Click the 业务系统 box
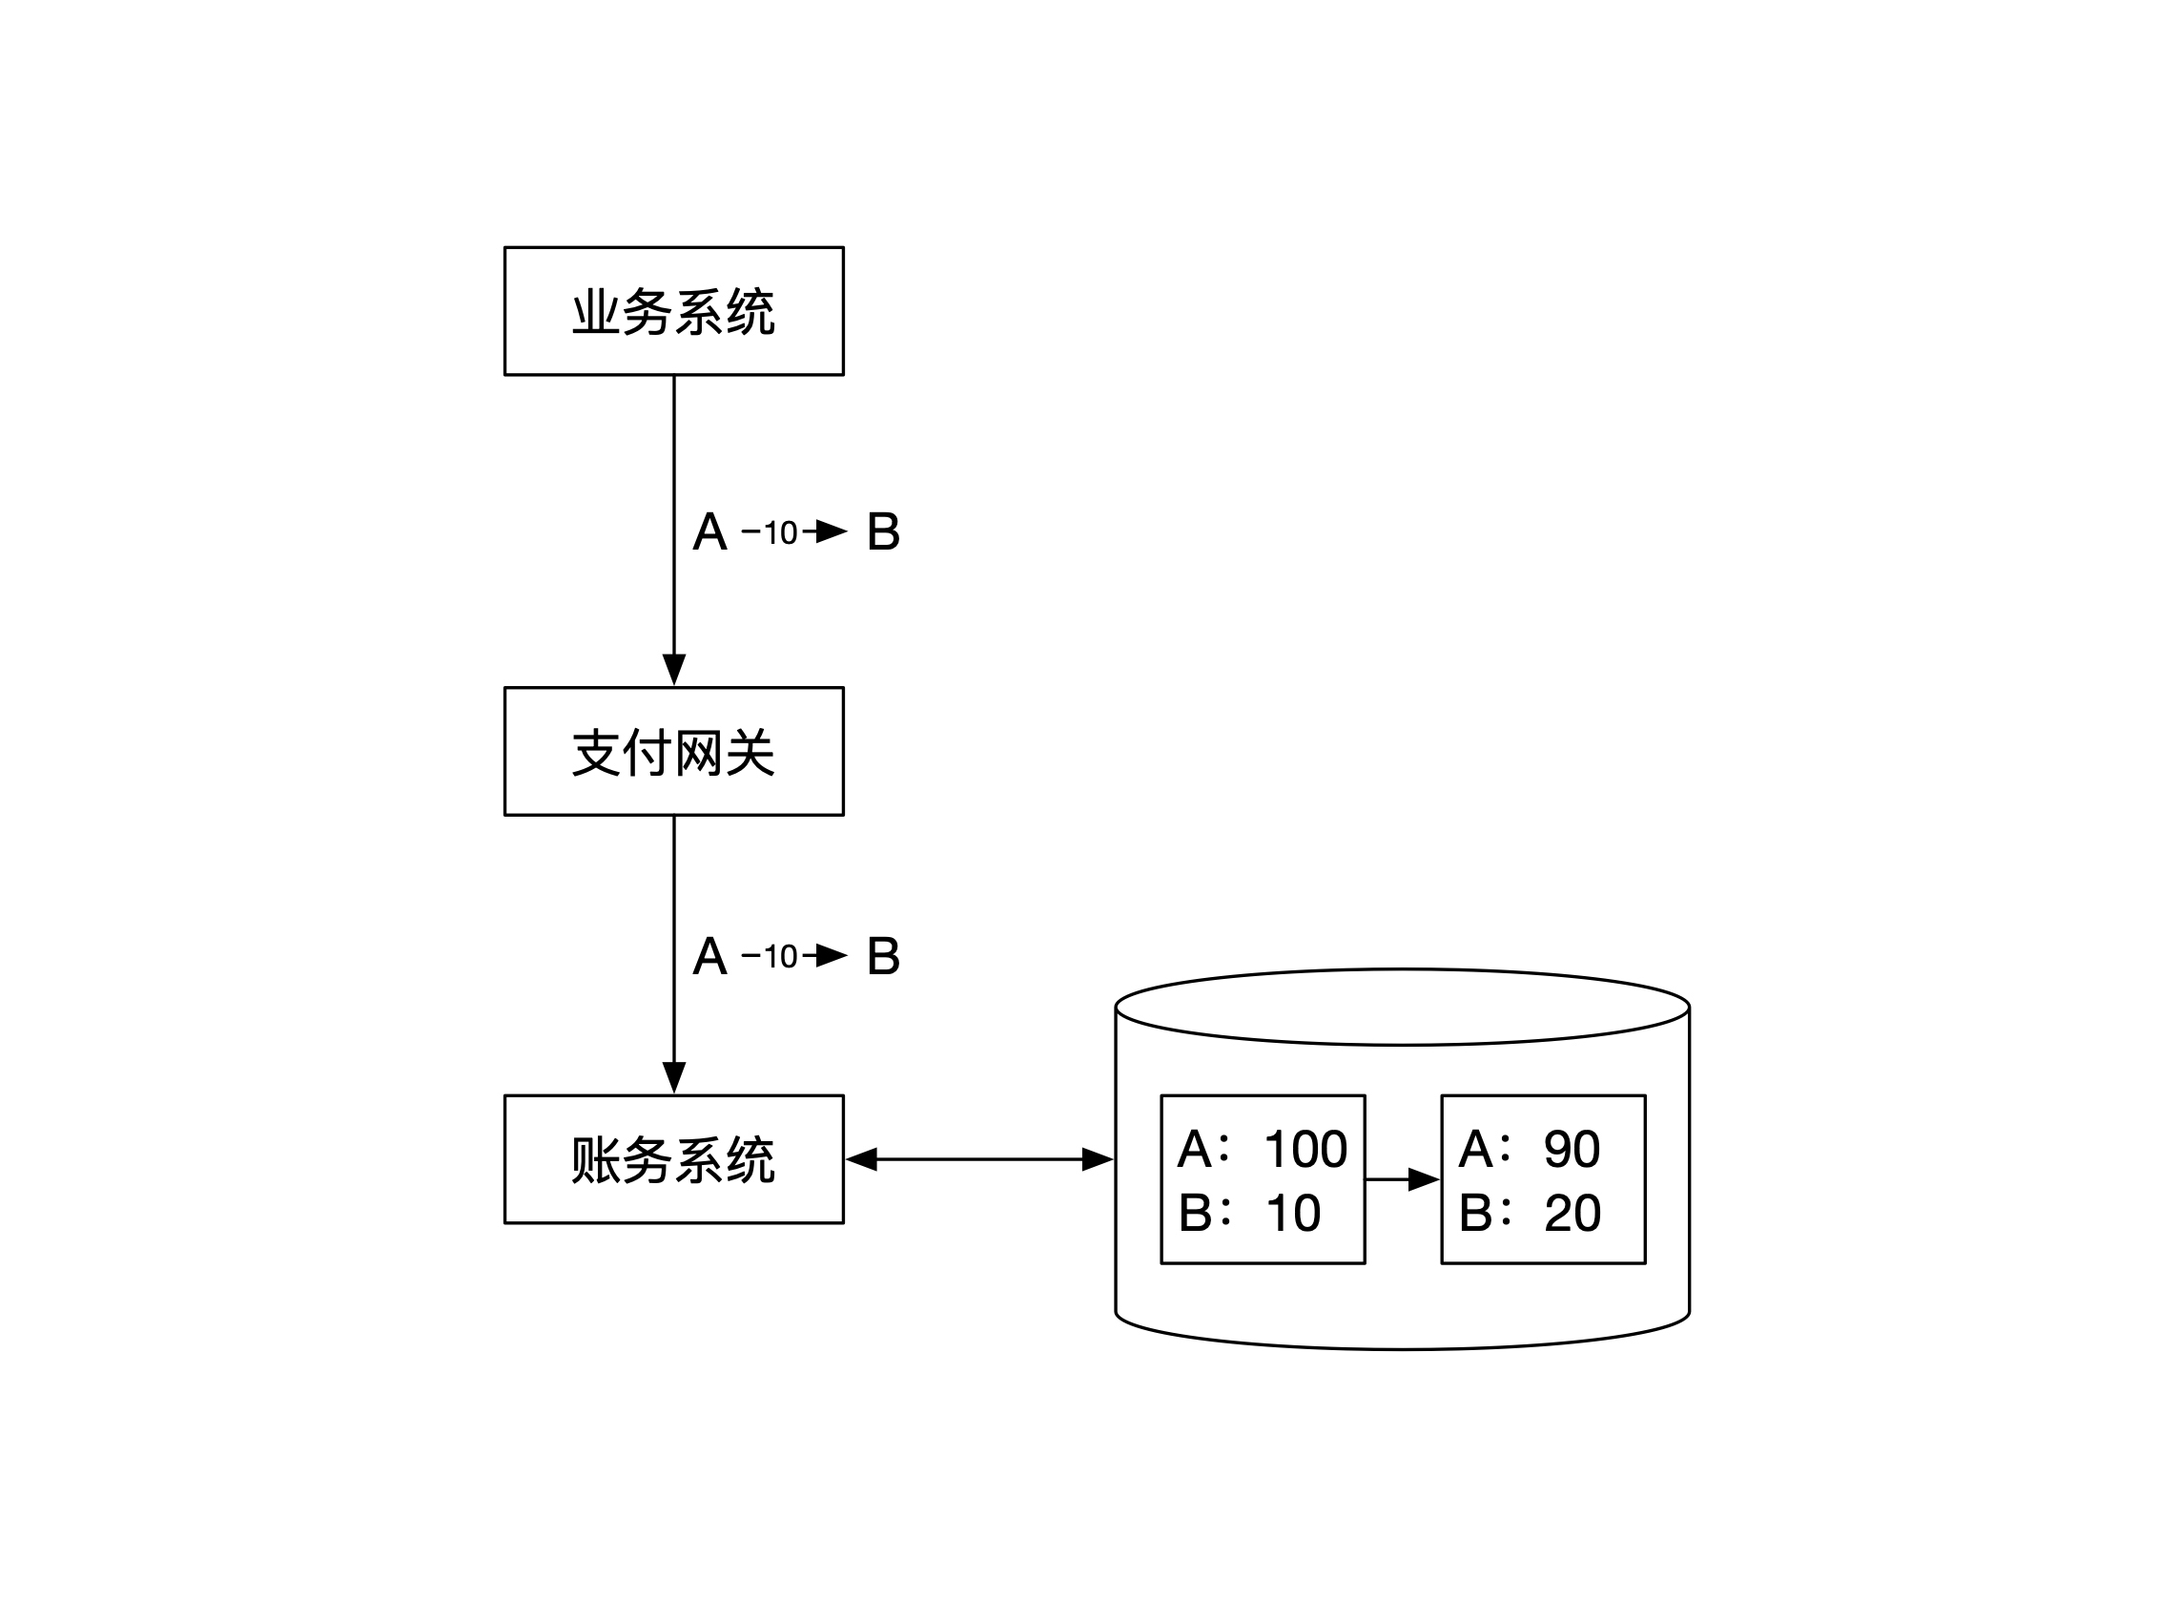point(673,310)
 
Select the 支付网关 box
point(673,751)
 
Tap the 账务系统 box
point(673,1158)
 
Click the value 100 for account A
point(1305,1149)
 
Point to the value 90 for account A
point(1572,1149)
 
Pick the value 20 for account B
point(1572,1214)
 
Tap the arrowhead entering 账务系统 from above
point(673,1078)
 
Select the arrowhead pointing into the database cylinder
point(1097,1159)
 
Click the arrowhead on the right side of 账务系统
point(861,1159)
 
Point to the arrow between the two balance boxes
point(1402,1179)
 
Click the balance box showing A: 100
point(1263,1179)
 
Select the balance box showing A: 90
point(1543,1179)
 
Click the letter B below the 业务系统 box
point(883,532)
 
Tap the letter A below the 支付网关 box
point(709,956)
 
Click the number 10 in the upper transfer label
point(781,533)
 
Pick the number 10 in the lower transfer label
point(781,957)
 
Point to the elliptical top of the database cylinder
point(1402,1007)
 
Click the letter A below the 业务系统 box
point(709,532)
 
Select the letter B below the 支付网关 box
point(883,956)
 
